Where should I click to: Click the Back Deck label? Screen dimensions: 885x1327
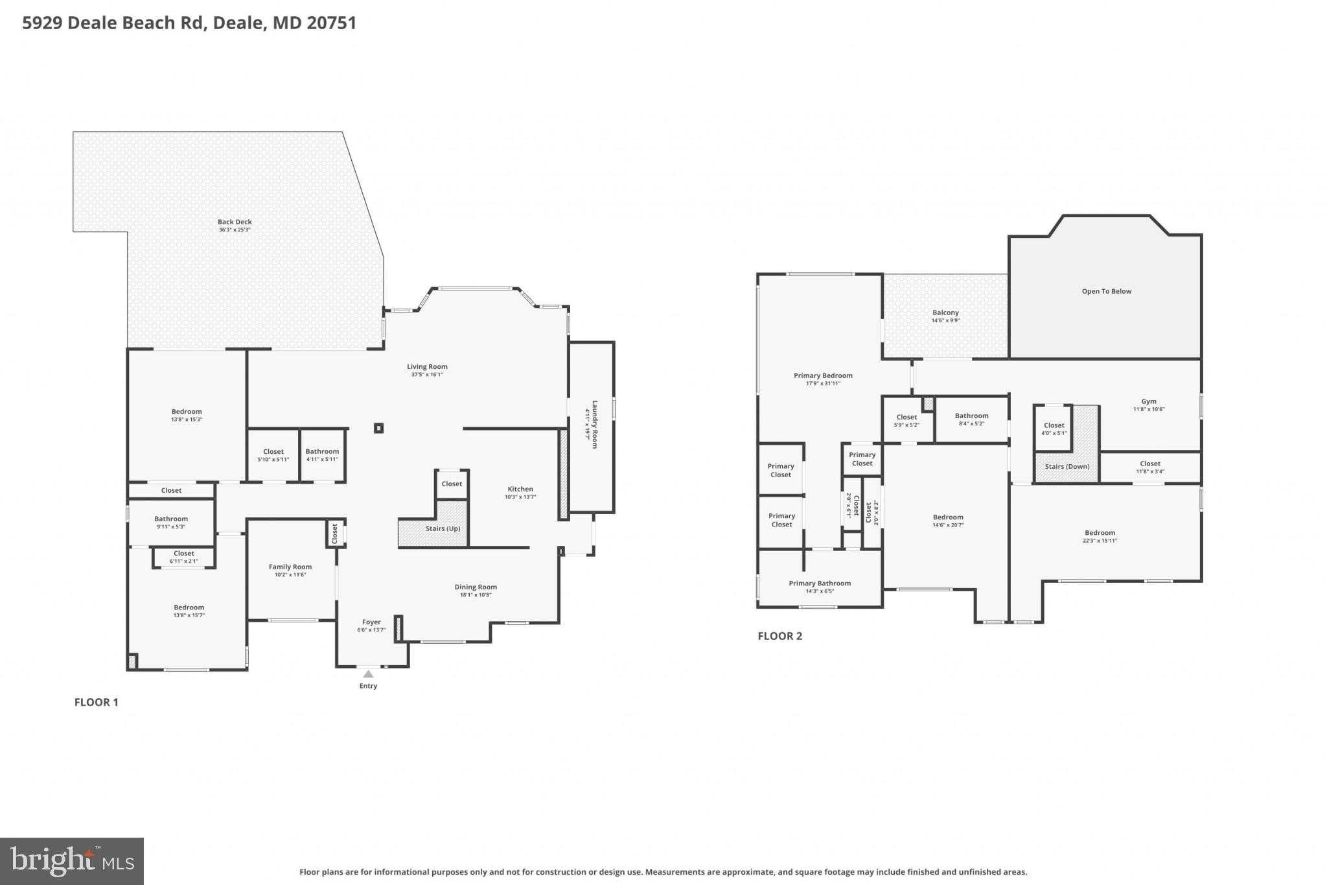pos(235,222)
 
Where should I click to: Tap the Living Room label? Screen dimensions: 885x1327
pos(427,367)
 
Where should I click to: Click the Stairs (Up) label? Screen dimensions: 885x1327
pos(443,528)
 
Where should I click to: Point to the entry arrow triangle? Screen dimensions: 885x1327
pos(368,674)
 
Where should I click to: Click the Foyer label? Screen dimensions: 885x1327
pos(371,622)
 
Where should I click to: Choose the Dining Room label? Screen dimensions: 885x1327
pos(476,587)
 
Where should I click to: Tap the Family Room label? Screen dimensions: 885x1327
pos(290,567)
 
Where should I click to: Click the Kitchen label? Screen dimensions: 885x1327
pos(520,490)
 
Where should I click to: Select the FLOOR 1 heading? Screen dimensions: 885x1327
pos(97,702)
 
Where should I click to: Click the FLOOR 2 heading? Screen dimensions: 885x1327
pos(780,636)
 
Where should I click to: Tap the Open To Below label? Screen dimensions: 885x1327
pos(1106,291)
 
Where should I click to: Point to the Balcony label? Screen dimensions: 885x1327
pos(945,313)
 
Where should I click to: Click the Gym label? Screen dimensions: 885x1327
pos(1149,401)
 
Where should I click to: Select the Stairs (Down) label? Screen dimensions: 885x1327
pos(1067,467)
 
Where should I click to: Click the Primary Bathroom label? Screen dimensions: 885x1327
pos(820,584)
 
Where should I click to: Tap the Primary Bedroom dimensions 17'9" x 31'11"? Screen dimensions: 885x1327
pos(823,384)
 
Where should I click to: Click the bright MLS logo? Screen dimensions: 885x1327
pos(72,861)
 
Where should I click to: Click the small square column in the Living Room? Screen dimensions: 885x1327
pos(379,428)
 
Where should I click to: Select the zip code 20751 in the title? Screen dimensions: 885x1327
pos(332,23)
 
